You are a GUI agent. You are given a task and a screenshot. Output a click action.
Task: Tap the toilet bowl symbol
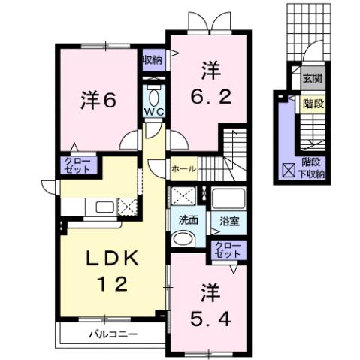click(x=154, y=97)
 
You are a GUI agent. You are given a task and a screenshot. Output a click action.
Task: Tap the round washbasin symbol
click(x=182, y=239)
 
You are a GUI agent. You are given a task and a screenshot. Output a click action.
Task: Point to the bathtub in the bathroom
click(x=228, y=199)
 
